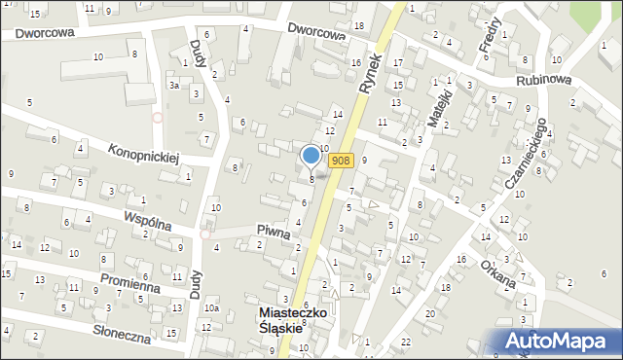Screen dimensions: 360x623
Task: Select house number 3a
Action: point(172,86)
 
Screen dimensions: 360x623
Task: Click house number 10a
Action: point(210,308)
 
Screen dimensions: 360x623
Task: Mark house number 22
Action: point(406,343)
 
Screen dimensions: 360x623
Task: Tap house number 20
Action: point(429,313)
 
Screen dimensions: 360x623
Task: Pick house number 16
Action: point(460,260)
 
